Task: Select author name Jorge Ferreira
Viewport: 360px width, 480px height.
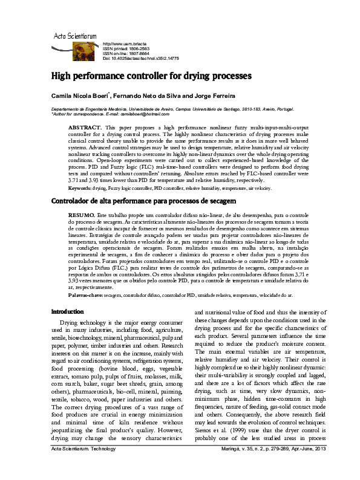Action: click(218, 96)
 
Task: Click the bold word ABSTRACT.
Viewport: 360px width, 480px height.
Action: click(85, 128)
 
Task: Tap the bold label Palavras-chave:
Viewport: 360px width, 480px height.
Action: click(85, 295)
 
